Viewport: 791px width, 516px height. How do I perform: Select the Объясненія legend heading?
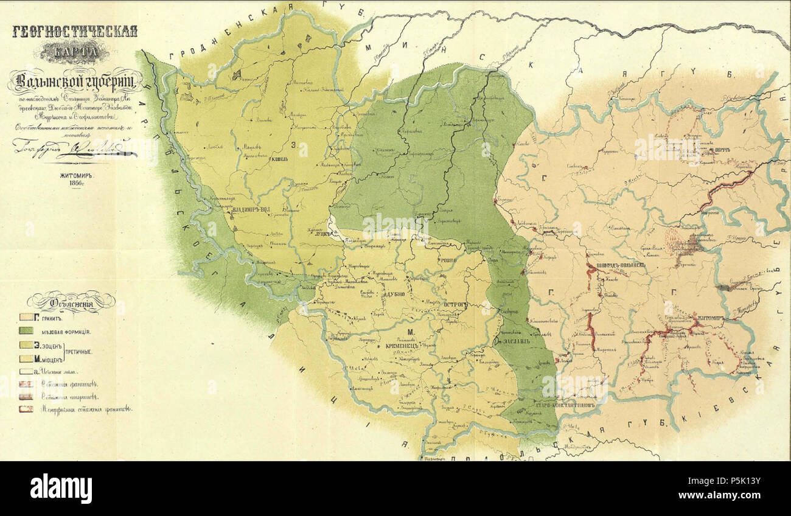71,300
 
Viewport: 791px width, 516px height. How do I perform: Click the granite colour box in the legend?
26,318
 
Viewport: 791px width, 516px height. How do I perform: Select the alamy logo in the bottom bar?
61,489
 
